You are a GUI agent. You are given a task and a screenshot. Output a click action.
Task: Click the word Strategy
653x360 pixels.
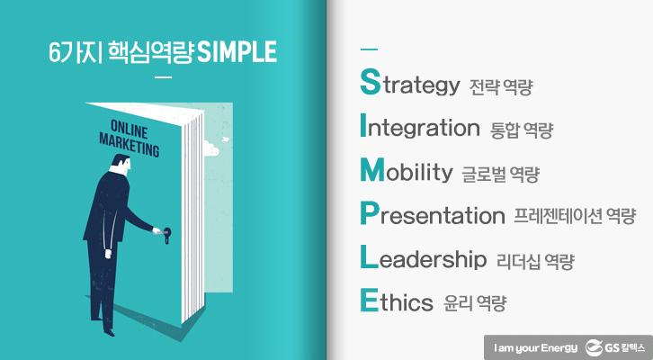pyautogui.click(x=409, y=85)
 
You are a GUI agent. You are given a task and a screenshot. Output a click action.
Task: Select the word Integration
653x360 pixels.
pyautogui.click(x=419, y=128)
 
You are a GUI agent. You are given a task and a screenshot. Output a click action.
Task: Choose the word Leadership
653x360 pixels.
pyautogui.click(x=422, y=259)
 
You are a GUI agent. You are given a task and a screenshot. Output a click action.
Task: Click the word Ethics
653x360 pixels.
pyautogui.click(x=397, y=301)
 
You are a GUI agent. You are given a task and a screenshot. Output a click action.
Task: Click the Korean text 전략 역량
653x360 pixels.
pyautogui.click(x=501, y=88)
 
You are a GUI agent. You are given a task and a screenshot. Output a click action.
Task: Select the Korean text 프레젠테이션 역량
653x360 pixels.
pyautogui.click(x=575, y=216)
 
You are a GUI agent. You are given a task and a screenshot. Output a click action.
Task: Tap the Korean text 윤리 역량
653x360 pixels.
pyautogui.click(x=475, y=303)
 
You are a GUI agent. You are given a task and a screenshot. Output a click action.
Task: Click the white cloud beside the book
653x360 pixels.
pyautogui.click(x=212, y=146)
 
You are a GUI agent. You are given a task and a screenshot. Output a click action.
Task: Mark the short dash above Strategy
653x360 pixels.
pyautogui.click(x=368, y=49)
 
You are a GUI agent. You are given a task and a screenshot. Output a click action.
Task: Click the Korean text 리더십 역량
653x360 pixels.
pyautogui.click(x=535, y=261)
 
